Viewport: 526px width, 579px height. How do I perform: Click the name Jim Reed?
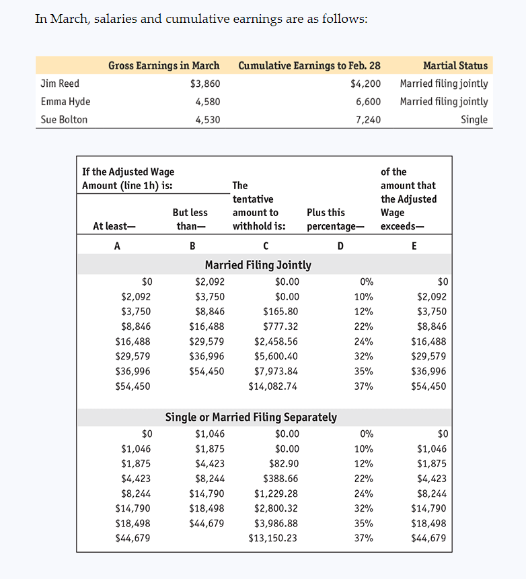[60, 83]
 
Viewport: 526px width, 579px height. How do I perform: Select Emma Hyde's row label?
[65, 102]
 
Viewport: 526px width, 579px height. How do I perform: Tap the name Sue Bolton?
[64, 120]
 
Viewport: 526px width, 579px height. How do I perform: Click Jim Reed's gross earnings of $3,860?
[205, 83]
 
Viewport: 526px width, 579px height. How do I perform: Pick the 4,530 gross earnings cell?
[207, 120]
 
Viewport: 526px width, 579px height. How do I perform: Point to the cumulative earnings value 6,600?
[368, 102]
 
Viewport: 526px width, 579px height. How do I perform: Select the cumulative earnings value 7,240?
[368, 120]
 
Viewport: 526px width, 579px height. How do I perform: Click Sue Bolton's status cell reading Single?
[474, 120]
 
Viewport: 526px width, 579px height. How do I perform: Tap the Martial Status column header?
[455, 65]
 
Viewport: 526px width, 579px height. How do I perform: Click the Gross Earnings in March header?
[164, 65]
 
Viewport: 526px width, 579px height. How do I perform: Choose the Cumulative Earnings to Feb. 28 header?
[309, 65]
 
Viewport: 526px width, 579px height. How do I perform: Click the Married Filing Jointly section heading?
[258, 265]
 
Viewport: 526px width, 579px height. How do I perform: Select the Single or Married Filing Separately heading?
[251, 417]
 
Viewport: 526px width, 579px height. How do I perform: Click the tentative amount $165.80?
[280, 312]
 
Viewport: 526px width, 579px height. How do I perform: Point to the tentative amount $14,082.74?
[274, 386]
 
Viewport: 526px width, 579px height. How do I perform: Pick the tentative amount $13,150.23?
[274, 538]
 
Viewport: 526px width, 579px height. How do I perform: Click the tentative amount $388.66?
[280, 479]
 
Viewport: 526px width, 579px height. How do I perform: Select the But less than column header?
[190, 219]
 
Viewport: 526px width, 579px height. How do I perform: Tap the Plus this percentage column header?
[335, 219]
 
